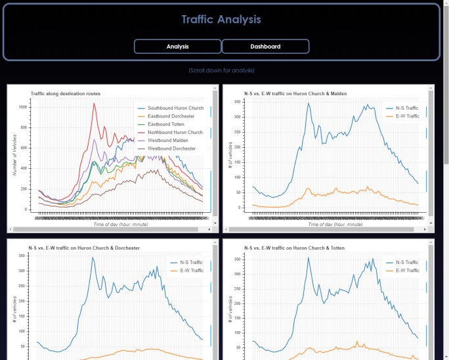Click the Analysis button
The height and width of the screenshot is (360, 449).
(177, 47)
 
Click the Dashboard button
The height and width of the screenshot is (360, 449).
(265, 47)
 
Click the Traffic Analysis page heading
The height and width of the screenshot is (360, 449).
(221, 20)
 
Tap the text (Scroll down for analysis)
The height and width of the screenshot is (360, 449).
(221, 70)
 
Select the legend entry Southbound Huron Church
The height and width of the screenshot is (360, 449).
(175, 108)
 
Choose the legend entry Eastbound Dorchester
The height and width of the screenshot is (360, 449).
(171, 116)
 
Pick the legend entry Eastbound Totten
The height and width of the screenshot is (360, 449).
(166, 124)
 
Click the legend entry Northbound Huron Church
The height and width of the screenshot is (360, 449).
(175, 132)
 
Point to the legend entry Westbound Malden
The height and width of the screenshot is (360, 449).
(167, 141)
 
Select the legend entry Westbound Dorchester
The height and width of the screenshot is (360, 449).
(171, 148)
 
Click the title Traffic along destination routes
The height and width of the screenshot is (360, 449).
(65, 94)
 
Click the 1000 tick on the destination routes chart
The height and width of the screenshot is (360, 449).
(23, 106)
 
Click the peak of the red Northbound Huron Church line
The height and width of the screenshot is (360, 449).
(94, 103)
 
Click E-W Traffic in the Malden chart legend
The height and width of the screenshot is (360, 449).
(407, 116)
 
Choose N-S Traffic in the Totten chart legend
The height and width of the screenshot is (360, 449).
(407, 262)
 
